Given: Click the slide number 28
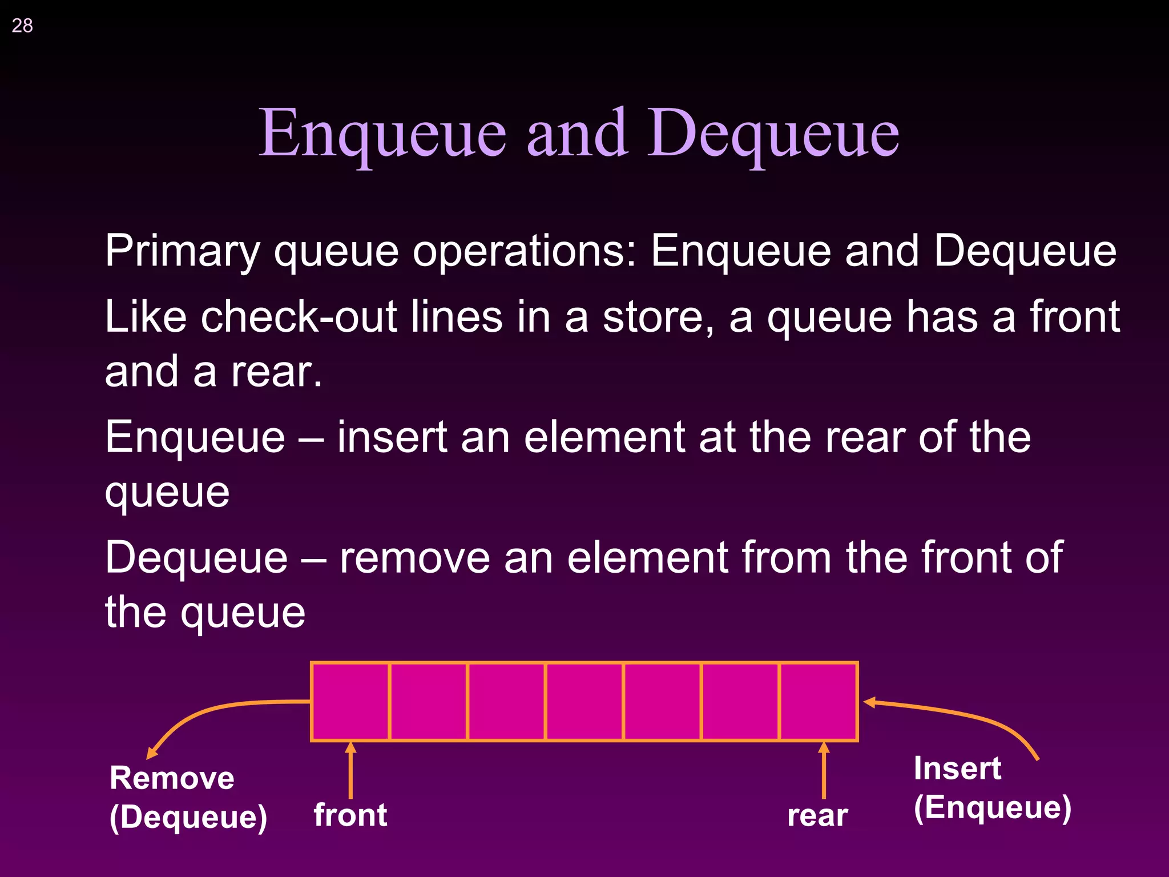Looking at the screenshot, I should coord(22,26).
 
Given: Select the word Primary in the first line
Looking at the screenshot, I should coord(183,251).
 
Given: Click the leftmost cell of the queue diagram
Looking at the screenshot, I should coord(350,702).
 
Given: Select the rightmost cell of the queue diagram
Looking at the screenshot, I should coord(819,702).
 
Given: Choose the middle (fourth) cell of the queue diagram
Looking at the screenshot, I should coord(584,702).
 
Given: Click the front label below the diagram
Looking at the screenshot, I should coord(350,815).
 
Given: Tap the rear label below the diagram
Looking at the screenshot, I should coord(817,816).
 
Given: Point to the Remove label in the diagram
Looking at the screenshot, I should coord(172,778).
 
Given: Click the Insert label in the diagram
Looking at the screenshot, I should coord(957,769).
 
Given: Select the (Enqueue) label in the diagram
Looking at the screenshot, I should coord(993,807).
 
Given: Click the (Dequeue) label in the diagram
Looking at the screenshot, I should coord(188,817).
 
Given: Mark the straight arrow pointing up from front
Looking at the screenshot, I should coord(350,771).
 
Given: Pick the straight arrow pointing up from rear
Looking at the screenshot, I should coord(823,771).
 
